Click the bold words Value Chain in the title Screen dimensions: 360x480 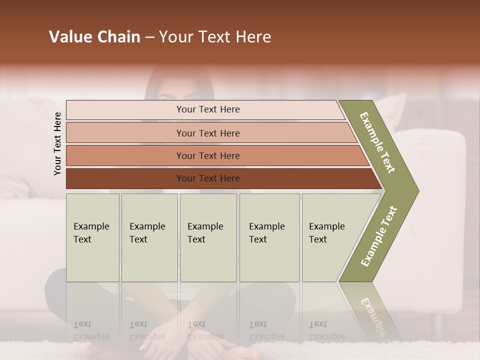pos(94,37)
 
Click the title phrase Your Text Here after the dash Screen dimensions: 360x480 pos(215,37)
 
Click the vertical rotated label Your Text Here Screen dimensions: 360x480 pos(57,144)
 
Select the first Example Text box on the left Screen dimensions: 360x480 pos(92,237)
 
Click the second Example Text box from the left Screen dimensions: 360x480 pos(149,237)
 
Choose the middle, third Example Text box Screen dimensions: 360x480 pos(208,237)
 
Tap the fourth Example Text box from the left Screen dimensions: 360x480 pos(269,237)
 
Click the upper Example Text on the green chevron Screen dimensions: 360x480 pos(378,142)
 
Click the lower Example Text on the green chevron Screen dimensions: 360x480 pos(379,236)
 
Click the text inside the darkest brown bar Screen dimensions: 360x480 pos(208,178)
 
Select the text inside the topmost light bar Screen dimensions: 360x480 pos(208,109)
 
